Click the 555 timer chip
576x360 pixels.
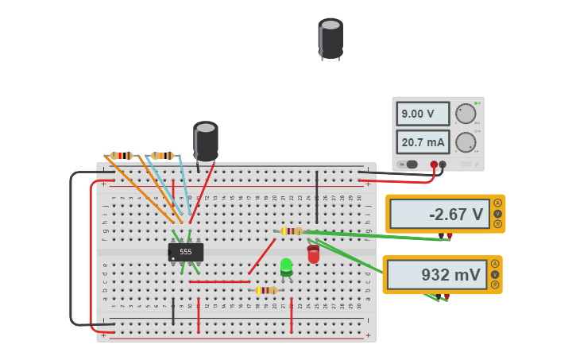[x=186, y=252]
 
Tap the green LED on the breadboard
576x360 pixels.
[x=286, y=267]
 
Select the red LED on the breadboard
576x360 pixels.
[x=313, y=254]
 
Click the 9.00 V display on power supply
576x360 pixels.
[x=422, y=114]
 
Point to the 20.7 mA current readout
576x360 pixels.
[x=422, y=142]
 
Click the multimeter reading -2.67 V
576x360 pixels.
[x=439, y=214]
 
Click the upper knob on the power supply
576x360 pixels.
[x=466, y=114]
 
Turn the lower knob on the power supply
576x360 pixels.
[x=466, y=142]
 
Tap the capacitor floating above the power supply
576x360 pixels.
[x=331, y=38]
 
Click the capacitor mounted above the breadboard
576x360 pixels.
[x=206, y=141]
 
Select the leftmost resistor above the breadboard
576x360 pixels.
[x=122, y=156]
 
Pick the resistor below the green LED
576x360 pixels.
[x=265, y=291]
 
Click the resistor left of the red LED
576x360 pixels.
[x=292, y=231]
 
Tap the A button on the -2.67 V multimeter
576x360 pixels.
[x=497, y=203]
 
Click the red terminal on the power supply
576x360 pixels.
[x=434, y=165]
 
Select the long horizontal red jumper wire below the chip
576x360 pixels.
[x=219, y=281]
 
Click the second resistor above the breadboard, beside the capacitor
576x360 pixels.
[x=162, y=156]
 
